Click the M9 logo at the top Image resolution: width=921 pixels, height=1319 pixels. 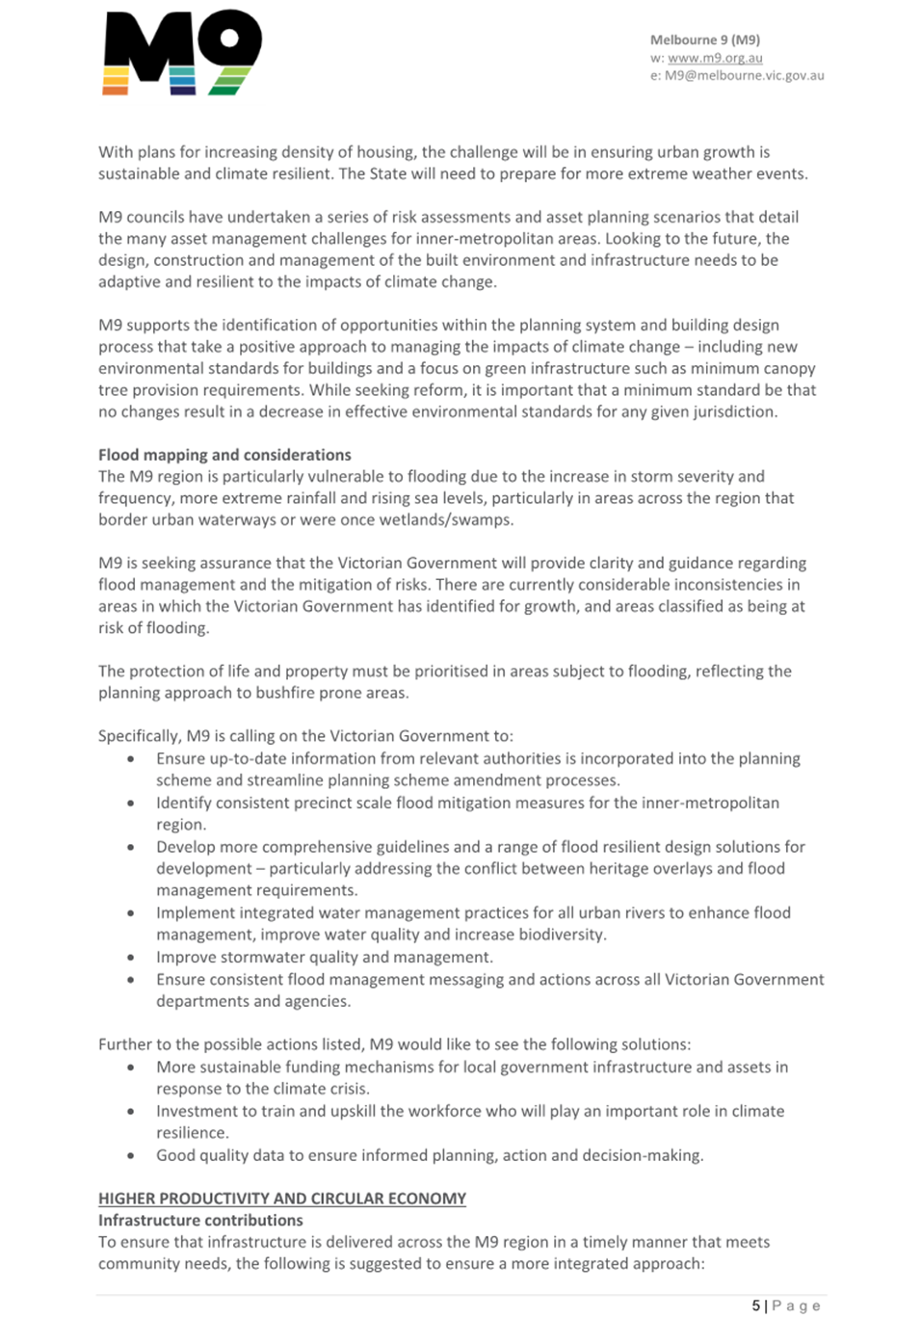tap(182, 52)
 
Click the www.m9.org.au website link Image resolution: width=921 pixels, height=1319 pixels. tap(715, 58)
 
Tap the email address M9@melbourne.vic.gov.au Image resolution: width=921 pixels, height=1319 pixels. tap(744, 75)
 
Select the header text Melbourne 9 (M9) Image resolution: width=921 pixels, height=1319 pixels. tap(704, 40)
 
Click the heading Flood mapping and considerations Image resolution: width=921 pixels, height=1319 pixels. tap(224, 455)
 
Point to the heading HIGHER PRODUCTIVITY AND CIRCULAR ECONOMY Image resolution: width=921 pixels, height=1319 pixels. tap(282, 1199)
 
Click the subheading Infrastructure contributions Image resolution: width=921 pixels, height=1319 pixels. tap(200, 1220)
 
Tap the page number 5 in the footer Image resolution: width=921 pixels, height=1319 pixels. tap(756, 1306)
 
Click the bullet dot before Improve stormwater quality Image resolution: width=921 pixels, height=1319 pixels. tap(131, 958)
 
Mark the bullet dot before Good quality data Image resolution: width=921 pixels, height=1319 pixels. tap(131, 1155)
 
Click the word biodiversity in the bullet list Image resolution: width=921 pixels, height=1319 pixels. tap(561, 935)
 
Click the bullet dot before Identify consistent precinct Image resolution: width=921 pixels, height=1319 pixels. tap(131, 803)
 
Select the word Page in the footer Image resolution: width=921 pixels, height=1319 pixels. tap(797, 1306)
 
